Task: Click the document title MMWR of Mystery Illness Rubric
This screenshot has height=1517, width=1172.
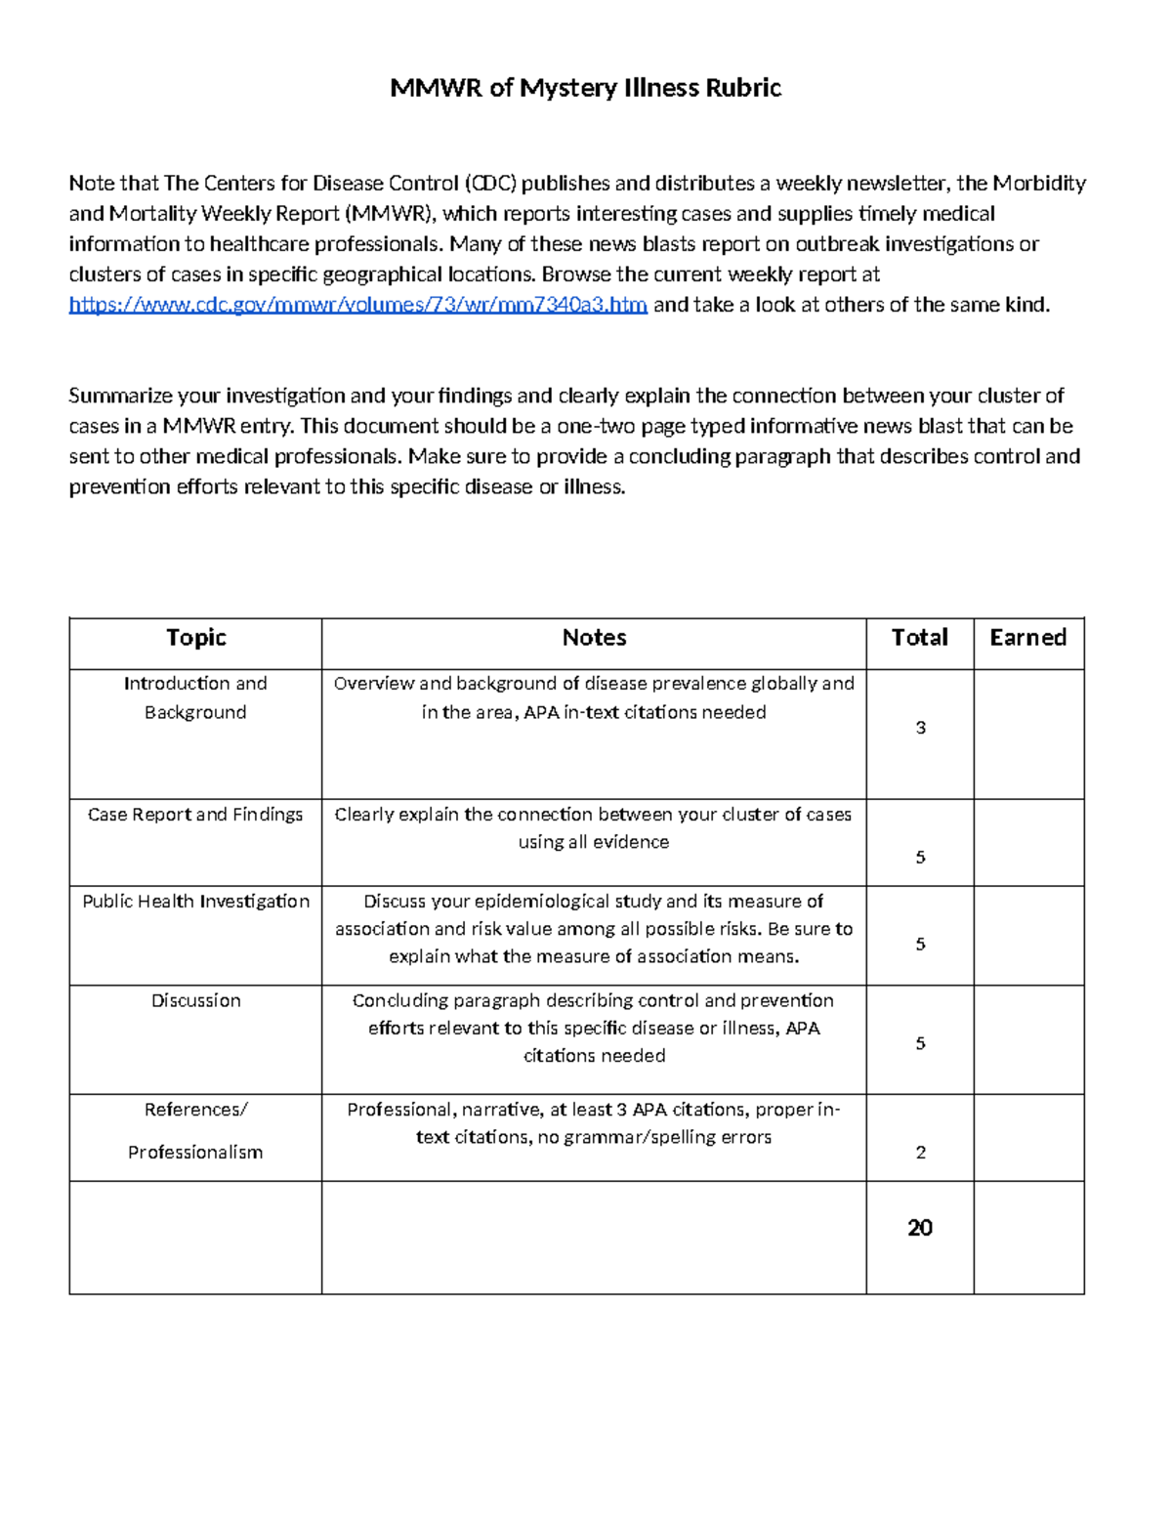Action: click(585, 88)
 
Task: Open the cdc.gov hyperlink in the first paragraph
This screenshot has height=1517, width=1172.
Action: click(357, 305)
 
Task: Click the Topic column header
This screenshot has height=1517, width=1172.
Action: click(195, 638)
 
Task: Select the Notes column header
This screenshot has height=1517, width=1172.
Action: click(594, 638)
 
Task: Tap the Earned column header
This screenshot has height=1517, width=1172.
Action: click(1027, 638)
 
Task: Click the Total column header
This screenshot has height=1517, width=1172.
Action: click(919, 638)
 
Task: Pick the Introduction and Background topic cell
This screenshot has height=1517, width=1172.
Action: click(195, 697)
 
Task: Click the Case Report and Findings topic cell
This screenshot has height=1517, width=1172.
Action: click(195, 815)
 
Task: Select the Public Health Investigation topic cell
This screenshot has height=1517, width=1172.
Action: click(195, 902)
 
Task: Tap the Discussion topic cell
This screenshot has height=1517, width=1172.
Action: click(195, 1000)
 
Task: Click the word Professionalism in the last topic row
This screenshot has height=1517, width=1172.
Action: click(195, 1153)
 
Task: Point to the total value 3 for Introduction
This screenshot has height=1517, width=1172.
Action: click(920, 728)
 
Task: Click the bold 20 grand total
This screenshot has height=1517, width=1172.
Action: click(920, 1228)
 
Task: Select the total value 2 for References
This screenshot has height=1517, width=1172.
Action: click(920, 1153)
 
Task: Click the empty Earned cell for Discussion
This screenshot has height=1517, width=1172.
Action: click(1028, 1039)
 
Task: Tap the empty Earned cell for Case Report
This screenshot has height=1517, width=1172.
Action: click(1028, 843)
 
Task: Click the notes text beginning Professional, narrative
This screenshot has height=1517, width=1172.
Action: click(594, 1123)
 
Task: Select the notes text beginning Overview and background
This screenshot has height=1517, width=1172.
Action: click(594, 697)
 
